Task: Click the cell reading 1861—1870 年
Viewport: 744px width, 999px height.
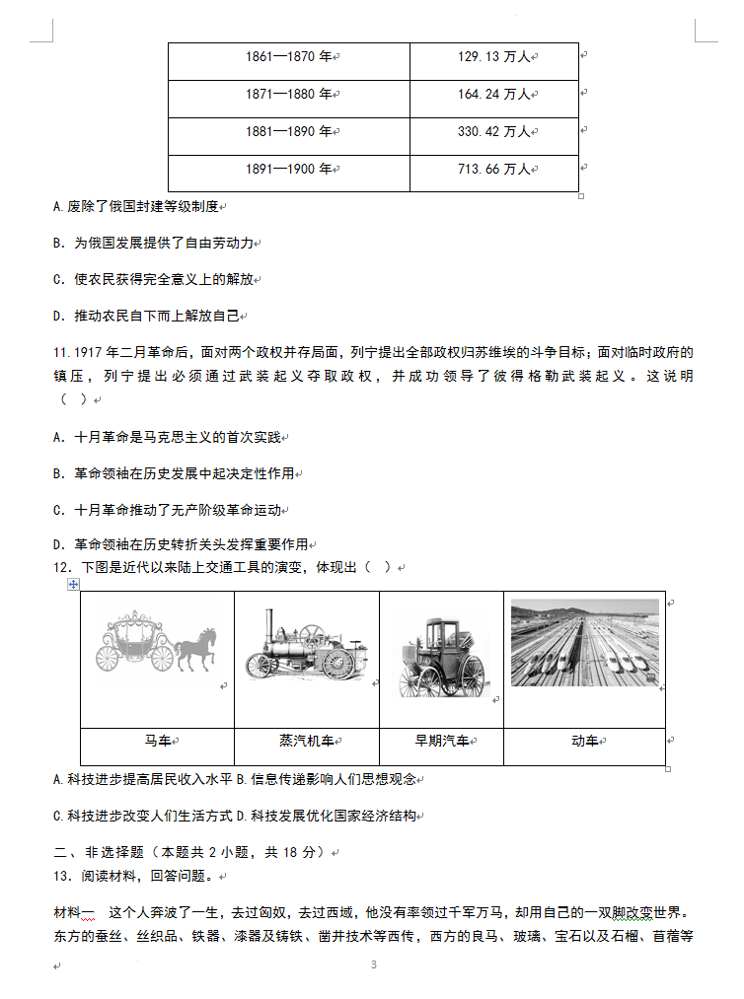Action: pos(288,56)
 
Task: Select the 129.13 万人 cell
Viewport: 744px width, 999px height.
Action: pos(493,56)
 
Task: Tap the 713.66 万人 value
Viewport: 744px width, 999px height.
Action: pos(493,169)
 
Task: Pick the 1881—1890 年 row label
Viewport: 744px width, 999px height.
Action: pos(288,131)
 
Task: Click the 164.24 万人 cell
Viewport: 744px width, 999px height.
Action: pos(493,94)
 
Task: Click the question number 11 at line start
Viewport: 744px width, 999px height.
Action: pos(60,352)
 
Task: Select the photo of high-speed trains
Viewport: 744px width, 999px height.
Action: pos(584,642)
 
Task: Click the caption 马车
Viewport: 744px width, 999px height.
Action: pos(157,741)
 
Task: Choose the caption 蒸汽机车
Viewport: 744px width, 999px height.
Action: pos(306,741)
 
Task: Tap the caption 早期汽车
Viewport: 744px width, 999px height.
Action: pos(440,741)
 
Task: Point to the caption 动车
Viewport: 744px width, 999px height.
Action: pos(584,741)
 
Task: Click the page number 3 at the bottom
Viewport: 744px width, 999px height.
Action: pos(373,964)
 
